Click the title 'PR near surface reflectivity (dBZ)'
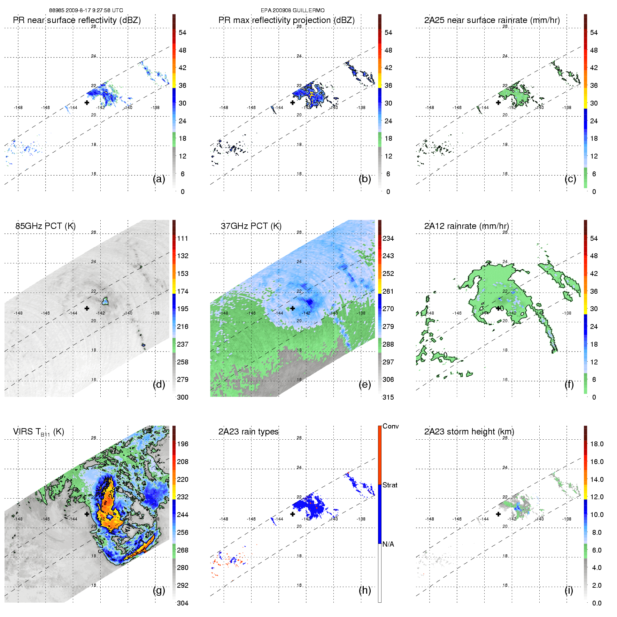coord(77,20)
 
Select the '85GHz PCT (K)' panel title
coord(45,226)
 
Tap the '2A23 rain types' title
coord(248,432)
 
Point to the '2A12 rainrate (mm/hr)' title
coord(466,226)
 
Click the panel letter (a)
coord(159,179)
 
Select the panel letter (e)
coord(365,384)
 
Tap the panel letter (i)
coord(569,590)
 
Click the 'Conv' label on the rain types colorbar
coord(391,426)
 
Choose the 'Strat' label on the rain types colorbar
coord(390,485)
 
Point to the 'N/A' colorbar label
coord(389,544)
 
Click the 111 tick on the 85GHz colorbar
coord(183,238)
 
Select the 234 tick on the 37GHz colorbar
coord(388,238)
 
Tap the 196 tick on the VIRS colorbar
coord(183,444)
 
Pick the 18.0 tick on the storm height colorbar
coord(597,444)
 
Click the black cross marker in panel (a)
coord(87,102)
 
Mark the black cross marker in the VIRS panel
coord(87,514)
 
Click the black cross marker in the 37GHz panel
coord(293,308)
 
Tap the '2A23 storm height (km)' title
coord(469,432)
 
